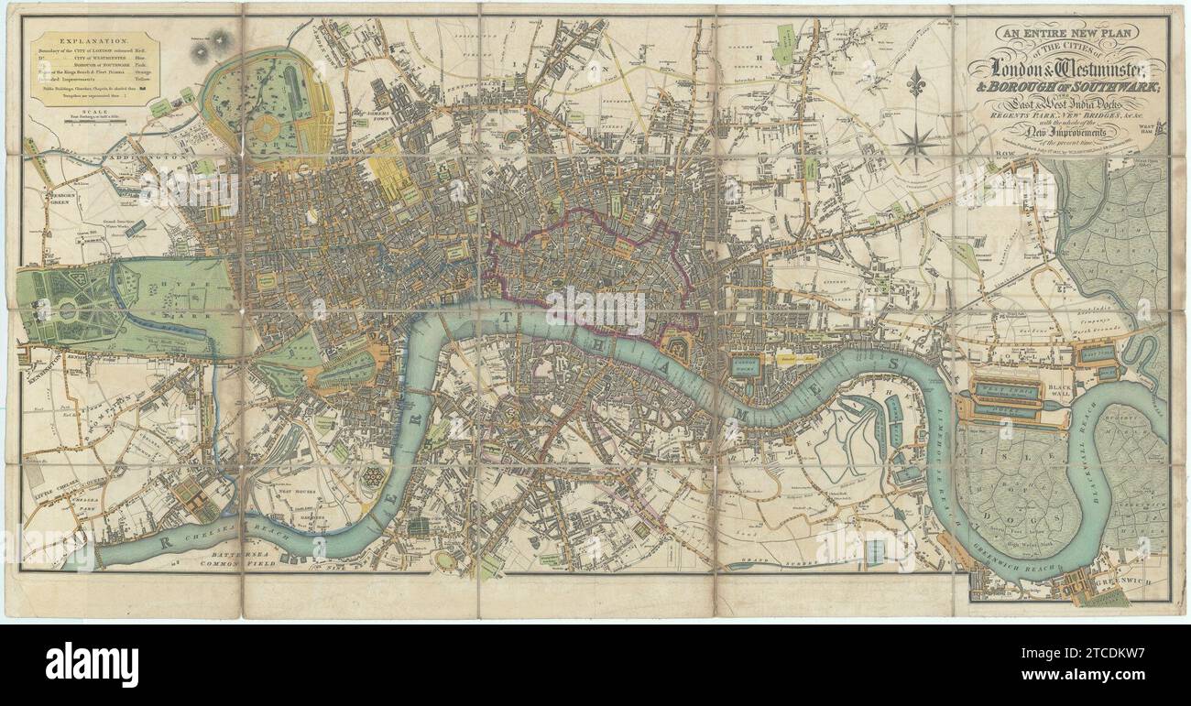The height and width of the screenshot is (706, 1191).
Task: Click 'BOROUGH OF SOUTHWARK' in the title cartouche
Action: coord(1073,90)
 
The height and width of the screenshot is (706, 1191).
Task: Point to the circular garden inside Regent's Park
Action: coord(268,126)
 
